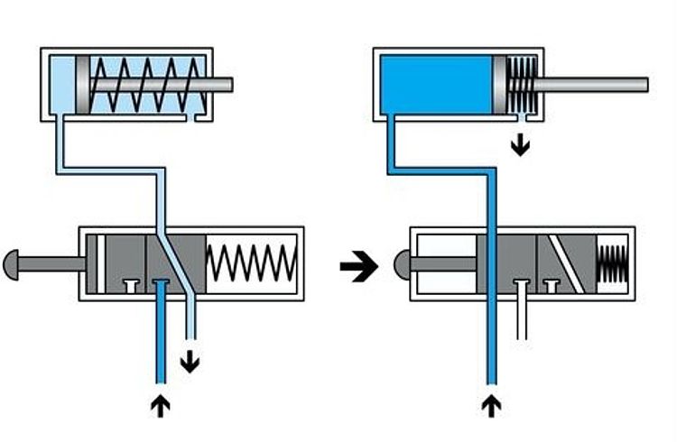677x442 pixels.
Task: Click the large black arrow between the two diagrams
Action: (x=358, y=266)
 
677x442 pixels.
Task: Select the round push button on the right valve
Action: (x=404, y=264)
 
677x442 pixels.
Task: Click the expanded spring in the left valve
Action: (x=252, y=262)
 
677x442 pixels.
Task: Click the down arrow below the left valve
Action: (x=190, y=363)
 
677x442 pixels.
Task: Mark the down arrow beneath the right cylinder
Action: (x=520, y=144)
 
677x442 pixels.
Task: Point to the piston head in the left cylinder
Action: (x=83, y=85)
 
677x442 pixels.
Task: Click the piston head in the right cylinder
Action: (x=500, y=85)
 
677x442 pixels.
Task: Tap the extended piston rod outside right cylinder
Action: (x=596, y=85)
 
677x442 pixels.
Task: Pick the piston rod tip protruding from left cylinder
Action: (x=223, y=85)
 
